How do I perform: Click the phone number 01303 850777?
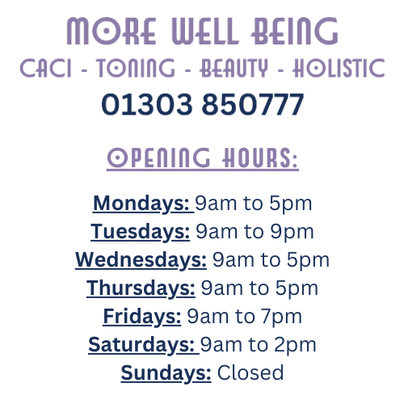click(x=202, y=104)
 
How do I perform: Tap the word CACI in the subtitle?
click(x=47, y=69)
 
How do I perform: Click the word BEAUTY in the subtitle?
click(x=234, y=69)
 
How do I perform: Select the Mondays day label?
click(x=141, y=203)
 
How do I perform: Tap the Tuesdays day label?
click(x=140, y=232)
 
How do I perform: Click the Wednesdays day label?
click(x=141, y=260)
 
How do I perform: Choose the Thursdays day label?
click(x=141, y=288)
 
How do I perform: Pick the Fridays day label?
click(x=142, y=317)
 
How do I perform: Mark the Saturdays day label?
click(x=141, y=345)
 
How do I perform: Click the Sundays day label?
click(x=166, y=373)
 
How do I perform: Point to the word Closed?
click(x=250, y=373)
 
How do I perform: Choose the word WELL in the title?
click(x=201, y=32)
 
